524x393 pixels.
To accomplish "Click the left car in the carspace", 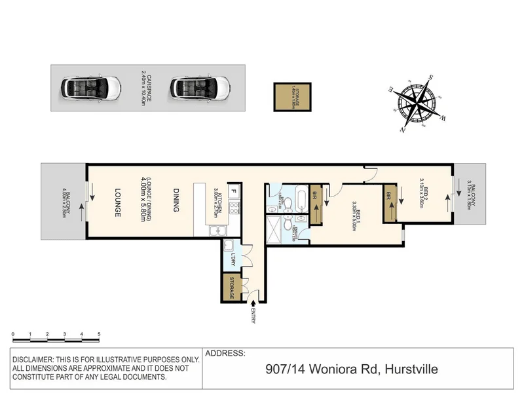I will pyautogui.click(x=90, y=86).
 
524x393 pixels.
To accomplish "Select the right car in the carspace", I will pyautogui.click(x=200, y=86).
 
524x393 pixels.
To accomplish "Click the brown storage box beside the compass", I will pyautogui.click(x=293, y=96).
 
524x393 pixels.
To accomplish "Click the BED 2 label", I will pyautogui.click(x=425, y=195).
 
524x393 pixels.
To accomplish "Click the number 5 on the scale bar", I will pyautogui.click(x=99, y=334).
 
